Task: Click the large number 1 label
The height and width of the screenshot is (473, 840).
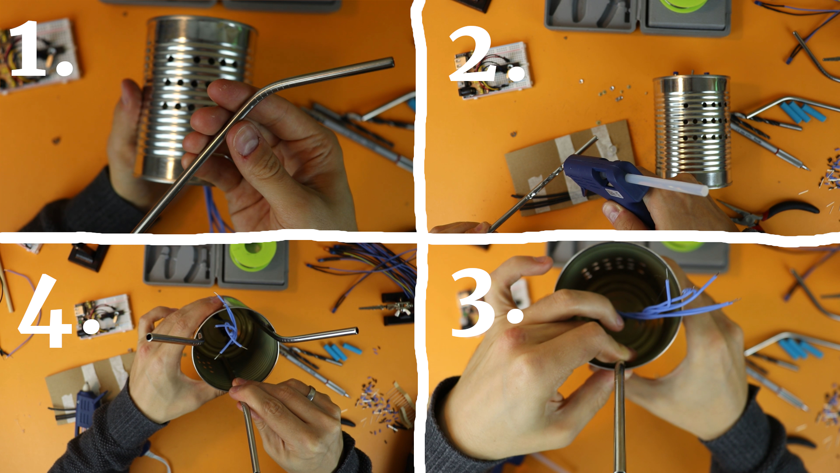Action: (42, 49)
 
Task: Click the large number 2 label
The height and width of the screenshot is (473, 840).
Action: (486, 55)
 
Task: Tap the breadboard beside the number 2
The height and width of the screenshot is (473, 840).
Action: (494, 70)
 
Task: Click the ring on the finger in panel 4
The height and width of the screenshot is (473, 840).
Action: (311, 393)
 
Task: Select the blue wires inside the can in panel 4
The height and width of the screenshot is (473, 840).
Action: (228, 326)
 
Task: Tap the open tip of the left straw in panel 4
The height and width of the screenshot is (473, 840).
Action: (150, 337)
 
